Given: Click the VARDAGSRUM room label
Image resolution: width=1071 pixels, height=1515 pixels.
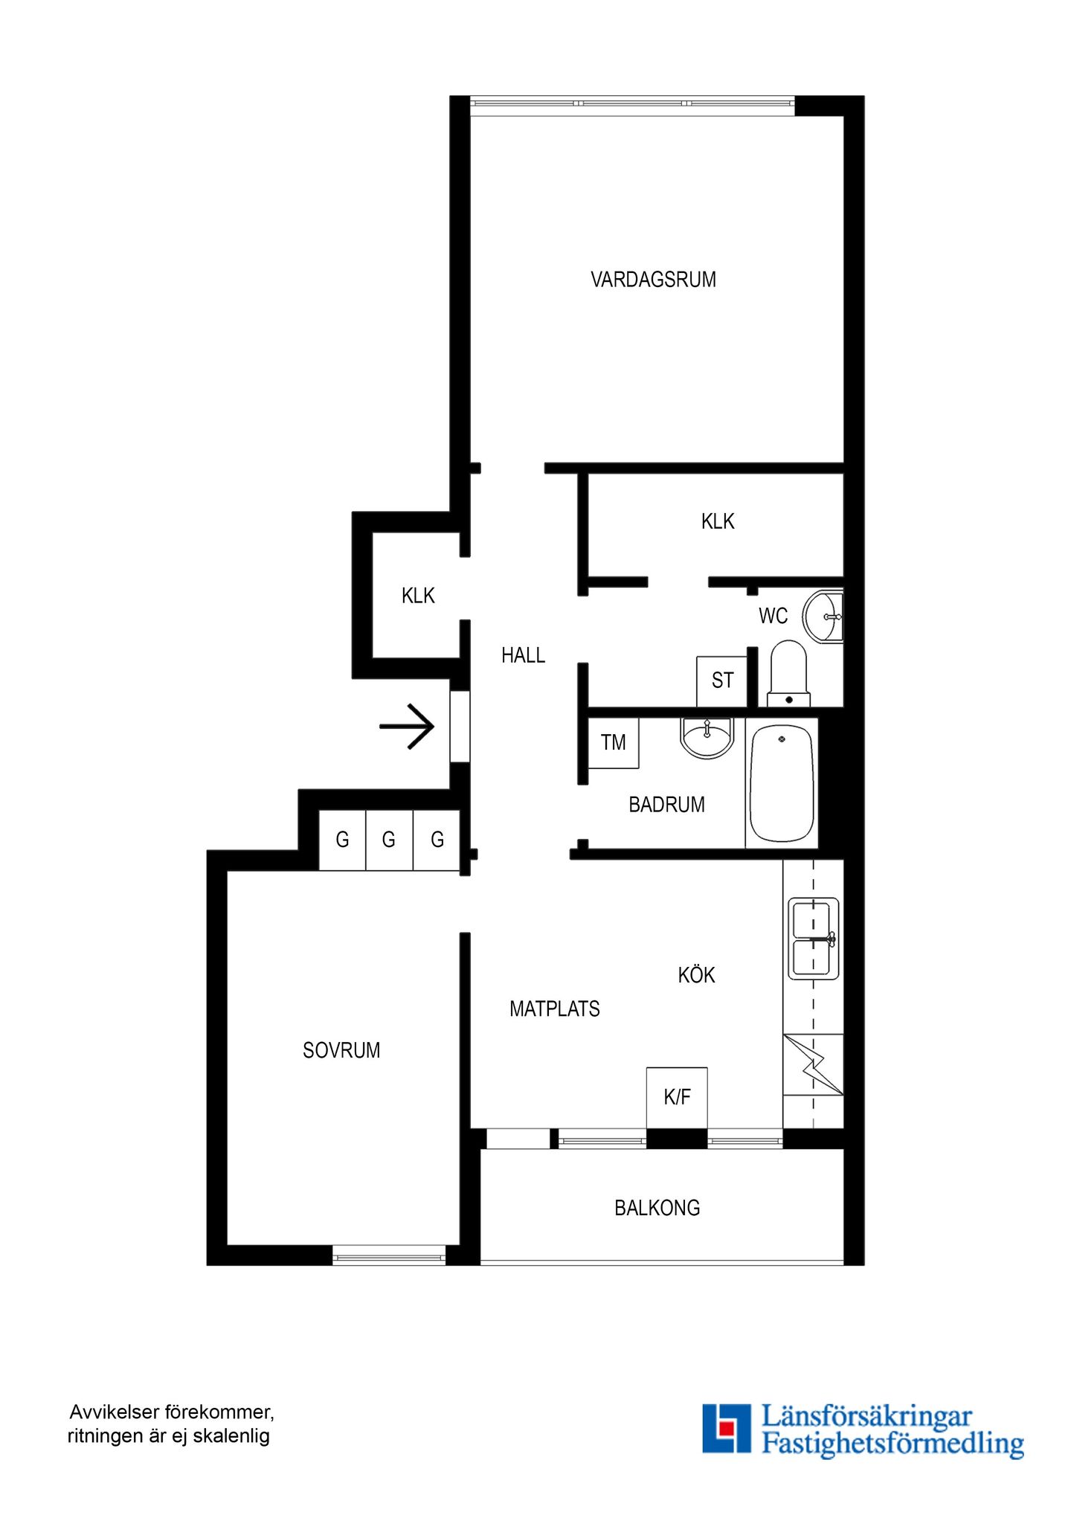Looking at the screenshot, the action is pyautogui.click(x=653, y=280).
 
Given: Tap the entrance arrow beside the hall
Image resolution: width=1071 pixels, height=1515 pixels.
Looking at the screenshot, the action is pyautogui.click(x=407, y=726).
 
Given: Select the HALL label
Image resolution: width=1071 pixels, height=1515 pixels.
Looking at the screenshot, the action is pyautogui.click(x=523, y=655).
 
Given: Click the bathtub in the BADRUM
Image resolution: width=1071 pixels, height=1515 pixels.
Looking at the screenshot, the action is pyautogui.click(x=781, y=783).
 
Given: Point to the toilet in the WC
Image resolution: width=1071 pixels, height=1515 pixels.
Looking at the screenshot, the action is pyautogui.click(x=788, y=674).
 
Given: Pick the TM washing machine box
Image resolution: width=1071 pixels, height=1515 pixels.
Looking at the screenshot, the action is pyautogui.click(x=613, y=742).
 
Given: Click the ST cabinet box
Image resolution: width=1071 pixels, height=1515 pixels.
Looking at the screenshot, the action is pyautogui.click(x=721, y=681).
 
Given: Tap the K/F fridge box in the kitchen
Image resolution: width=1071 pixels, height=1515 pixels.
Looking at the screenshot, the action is pyautogui.click(x=677, y=1098).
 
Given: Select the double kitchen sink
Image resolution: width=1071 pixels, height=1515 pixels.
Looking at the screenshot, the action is pyautogui.click(x=814, y=939).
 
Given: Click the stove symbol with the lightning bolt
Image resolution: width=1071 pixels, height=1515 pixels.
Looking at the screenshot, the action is pyautogui.click(x=813, y=1064).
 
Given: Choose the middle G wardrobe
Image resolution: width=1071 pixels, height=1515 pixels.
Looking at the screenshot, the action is pyautogui.click(x=389, y=840).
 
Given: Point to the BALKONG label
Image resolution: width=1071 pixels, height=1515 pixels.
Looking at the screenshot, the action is pyautogui.click(x=657, y=1208).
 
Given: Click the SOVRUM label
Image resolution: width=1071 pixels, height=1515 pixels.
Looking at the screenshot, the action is pyautogui.click(x=341, y=1050).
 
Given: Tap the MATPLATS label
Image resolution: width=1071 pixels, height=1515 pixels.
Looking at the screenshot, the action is pyautogui.click(x=555, y=1009).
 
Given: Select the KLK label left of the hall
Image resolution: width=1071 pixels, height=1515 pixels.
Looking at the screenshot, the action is pyautogui.click(x=418, y=596).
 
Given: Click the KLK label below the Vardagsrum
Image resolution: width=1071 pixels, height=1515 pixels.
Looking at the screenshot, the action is pyautogui.click(x=718, y=521).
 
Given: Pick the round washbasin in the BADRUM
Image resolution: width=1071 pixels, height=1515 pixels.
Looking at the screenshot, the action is pyautogui.click(x=707, y=737).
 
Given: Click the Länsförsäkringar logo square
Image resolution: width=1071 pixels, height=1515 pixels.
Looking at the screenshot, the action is pyautogui.click(x=727, y=1428).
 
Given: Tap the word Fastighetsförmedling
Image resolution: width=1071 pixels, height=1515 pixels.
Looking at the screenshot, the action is pyautogui.click(x=892, y=1444).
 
